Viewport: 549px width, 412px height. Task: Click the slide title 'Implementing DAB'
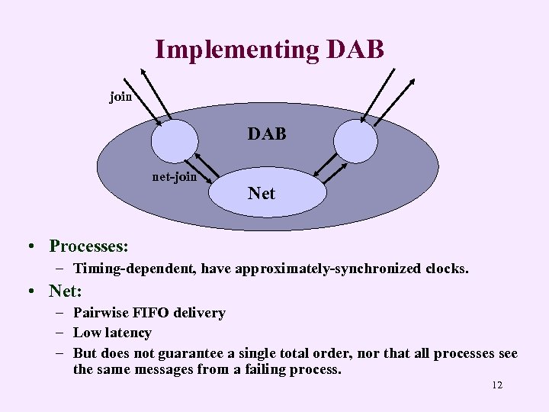pyautogui.click(x=269, y=50)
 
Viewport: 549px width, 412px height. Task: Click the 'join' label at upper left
pyautogui.click(x=120, y=97)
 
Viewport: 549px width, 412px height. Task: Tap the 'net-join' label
pyautogui.click(x=175, y=177)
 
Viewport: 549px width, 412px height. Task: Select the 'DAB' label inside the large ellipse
pyautogui.click(x=266, y=134)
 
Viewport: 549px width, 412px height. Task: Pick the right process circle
pyautogui.click(x=355, y=141)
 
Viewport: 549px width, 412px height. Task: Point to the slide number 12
pyautogui.click(x=496, y=385)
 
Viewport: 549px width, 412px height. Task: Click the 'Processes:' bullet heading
pyautogui.click(x=88, y=246)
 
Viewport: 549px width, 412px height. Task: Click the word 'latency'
pyautogui.click(x=128, y=333)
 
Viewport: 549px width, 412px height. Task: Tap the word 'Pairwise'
pyautogui.click(x=99, y=313)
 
